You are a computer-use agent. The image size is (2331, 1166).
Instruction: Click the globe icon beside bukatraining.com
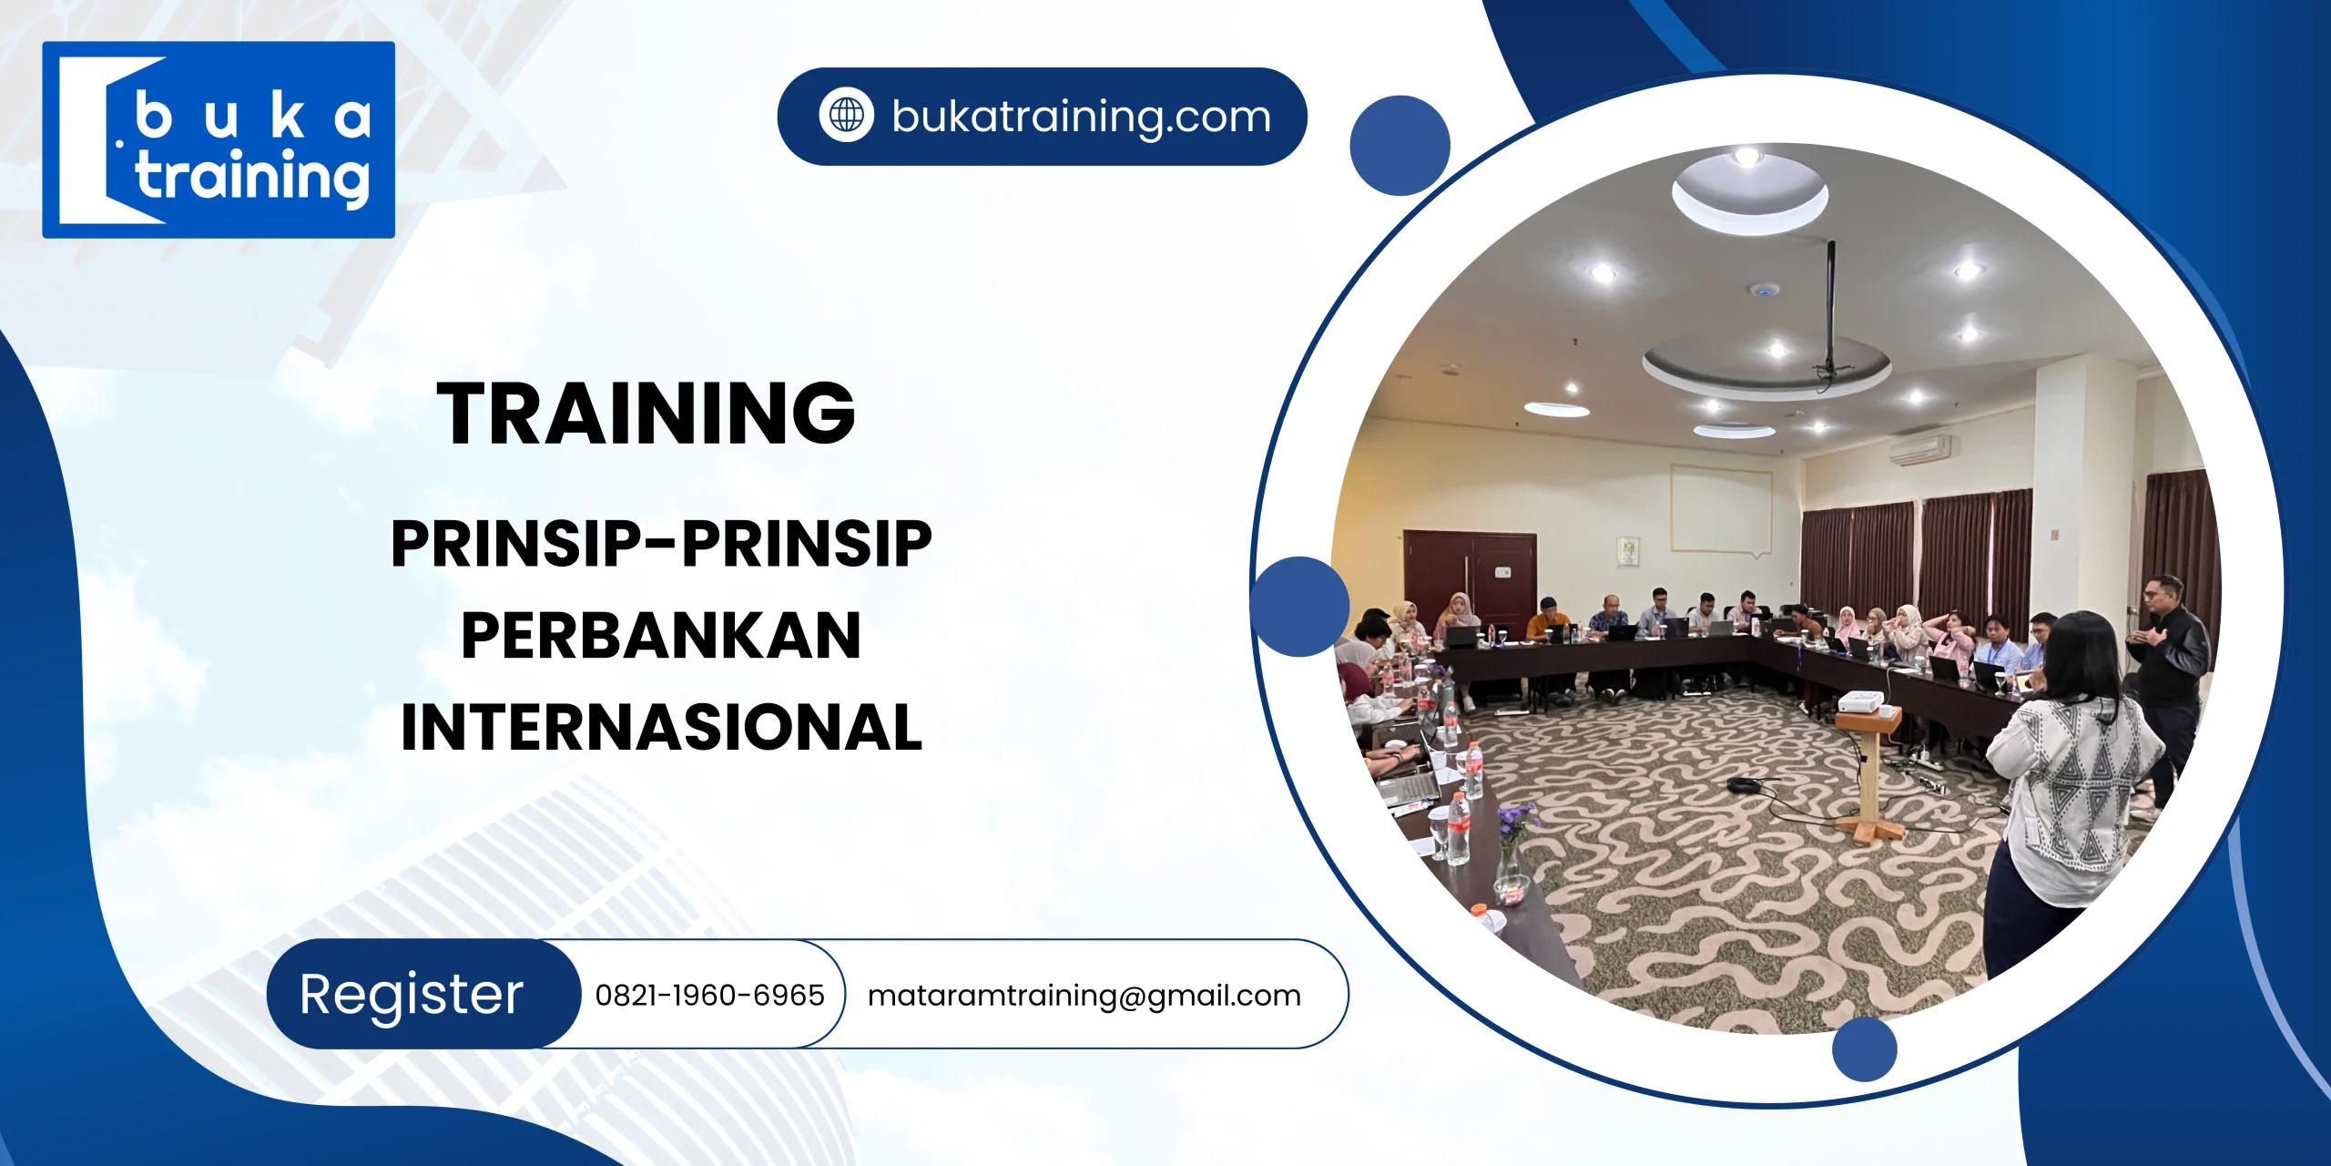(x=846, y=116)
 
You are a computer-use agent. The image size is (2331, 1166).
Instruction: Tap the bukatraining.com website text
(x=1081, y=117)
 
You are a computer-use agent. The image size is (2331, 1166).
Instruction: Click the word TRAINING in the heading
(x=646, y=414)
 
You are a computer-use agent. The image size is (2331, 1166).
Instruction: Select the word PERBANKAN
(x=661, y=636)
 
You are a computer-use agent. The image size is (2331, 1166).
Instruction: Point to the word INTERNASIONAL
(x=662, y=728)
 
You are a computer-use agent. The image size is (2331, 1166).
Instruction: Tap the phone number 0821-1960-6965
(x=709, y=995)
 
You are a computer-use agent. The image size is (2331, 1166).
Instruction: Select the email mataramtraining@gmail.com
(x=1084, y=995)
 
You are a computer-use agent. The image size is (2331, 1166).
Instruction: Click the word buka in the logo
(x=253, y=117)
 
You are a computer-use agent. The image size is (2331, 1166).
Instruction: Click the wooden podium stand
(x=1868, y=774)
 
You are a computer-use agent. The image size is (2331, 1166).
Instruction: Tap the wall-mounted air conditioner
(x=1919, y=449)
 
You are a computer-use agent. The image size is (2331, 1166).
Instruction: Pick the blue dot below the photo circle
(x=1864, y=1049)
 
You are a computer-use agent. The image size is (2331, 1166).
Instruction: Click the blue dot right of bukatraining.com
(x=1400, y=146)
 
